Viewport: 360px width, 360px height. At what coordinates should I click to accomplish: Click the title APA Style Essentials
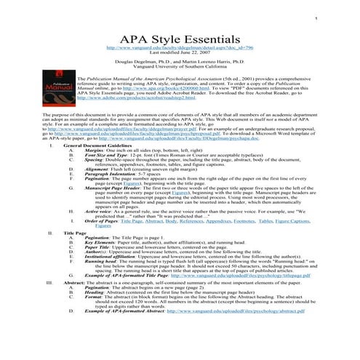[179, 36]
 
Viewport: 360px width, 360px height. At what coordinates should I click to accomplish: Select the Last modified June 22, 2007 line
[179, 52]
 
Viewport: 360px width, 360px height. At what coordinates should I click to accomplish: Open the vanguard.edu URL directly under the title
[179, 47]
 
